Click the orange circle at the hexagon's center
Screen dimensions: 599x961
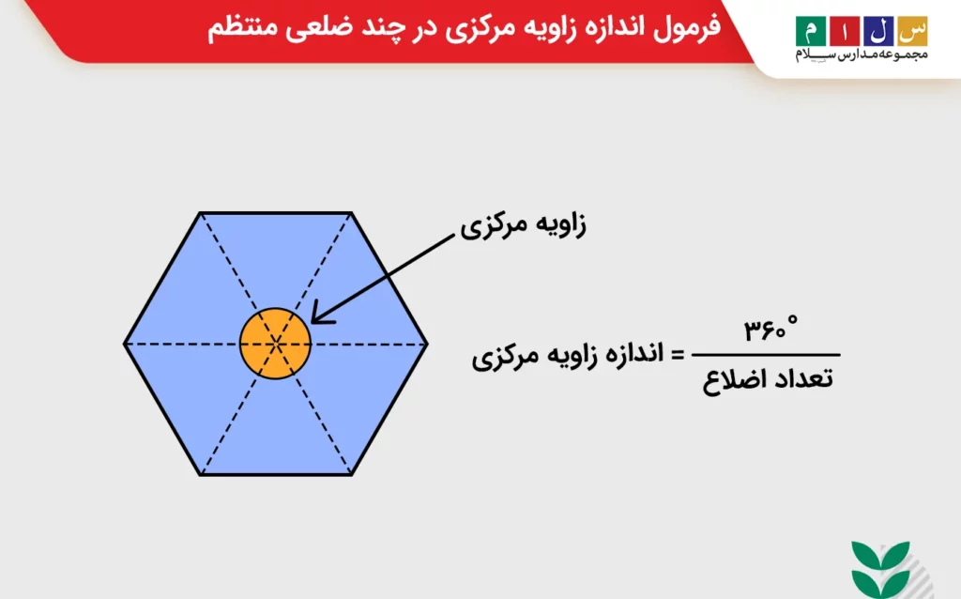click(x=275, y=344)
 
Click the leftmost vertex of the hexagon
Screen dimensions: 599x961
click(x=125, y=344)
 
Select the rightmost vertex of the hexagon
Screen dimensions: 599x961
click(x=427, y=344)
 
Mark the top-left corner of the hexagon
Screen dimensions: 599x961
click(x=200, y=213)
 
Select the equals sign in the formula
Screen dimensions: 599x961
click(x=678, y=355)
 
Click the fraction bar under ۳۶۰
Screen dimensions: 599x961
click(x=766, y=355)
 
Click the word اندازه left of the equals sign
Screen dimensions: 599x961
click(x=632, y=354)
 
